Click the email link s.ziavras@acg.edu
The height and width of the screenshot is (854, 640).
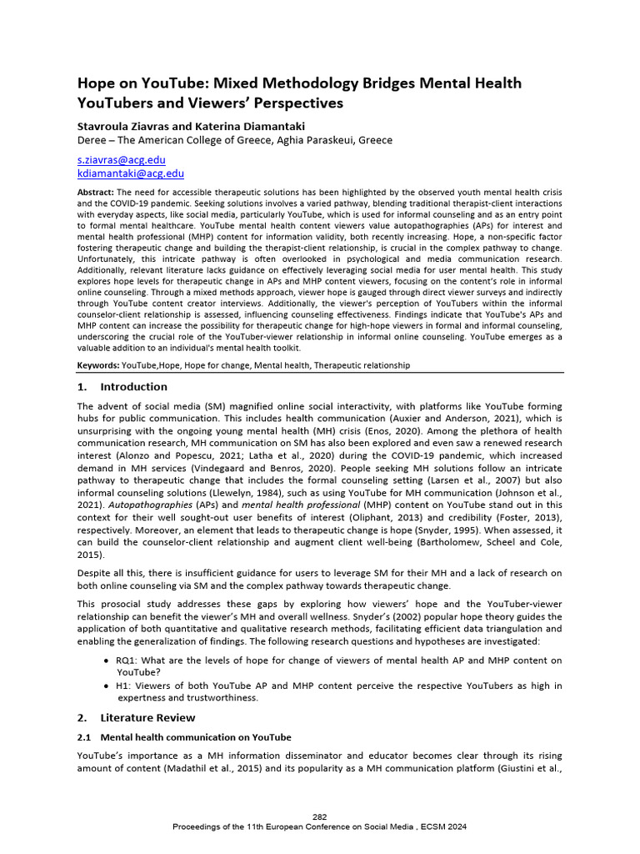[121, 159]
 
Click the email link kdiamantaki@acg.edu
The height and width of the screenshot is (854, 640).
[130, 173]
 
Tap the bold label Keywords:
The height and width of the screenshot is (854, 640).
[98, 365]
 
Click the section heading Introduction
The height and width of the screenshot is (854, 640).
[133, 387]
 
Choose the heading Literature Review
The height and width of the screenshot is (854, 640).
[147, 717]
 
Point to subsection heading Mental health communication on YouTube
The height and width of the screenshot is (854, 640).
[195, 737]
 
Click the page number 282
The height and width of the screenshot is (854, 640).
[320, 816]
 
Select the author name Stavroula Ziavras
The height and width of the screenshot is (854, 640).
[126, 125]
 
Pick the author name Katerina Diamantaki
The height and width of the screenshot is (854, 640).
[252, 125]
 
